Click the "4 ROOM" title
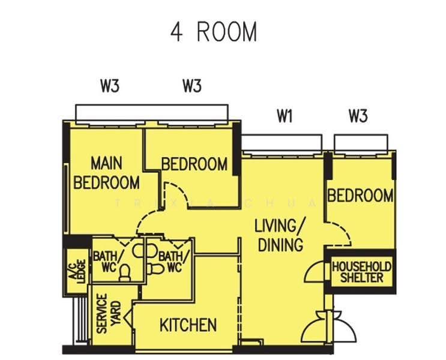[x=214, y=32]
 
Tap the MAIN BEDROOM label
[x=107, y=173]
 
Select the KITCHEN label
[x=188, y=325]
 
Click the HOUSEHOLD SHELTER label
[x=361, y=272]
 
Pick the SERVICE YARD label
[x=109, y=313]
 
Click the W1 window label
[x=285, y=116]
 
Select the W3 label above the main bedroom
[x=110, y=86]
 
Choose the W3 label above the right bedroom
[x=358, y=116]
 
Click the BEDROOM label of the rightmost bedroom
[x=360, y=196]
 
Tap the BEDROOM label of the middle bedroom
[x=194, y=164]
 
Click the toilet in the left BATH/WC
[x=125, y=272]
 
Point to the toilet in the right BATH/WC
[x=155, y=269]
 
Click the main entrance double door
[x=328, y=327]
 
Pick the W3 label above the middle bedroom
[x=192, y=86]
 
